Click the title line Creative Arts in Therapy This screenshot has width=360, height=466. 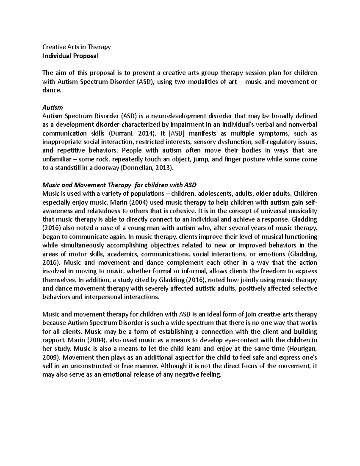(x=76, y=47)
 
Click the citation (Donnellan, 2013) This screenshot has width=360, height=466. (x=147, y=168)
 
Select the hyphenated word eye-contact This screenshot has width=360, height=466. (x=220, y=341)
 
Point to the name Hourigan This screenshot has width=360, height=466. (x=303, y=349)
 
